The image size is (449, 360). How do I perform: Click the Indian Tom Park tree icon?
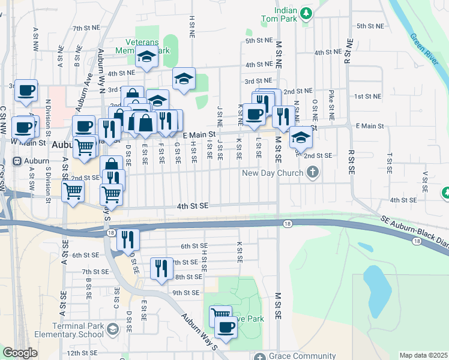306,13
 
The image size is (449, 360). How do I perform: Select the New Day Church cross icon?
312,173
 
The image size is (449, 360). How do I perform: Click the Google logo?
20,353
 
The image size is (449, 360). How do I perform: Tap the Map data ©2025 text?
423,355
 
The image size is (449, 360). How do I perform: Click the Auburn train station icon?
16,161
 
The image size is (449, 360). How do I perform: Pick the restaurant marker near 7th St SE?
160,267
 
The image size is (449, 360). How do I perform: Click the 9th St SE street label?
185,293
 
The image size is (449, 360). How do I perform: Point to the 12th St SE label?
82,353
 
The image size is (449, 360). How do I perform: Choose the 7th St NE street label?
85,28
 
